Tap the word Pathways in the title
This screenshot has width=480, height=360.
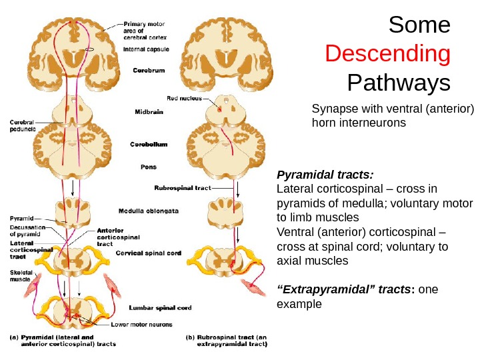click(x=399, y=84)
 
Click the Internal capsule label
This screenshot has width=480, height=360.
click(x=146, y=49)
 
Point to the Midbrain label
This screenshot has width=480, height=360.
click(x=149, y=112)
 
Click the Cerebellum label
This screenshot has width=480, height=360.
click(x=147, y=143)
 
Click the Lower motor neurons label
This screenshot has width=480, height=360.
click(x=141, y=325)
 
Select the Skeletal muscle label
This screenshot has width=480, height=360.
click(x=19, y=276)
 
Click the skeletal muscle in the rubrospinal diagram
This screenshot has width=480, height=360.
click(x=257, y=288)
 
